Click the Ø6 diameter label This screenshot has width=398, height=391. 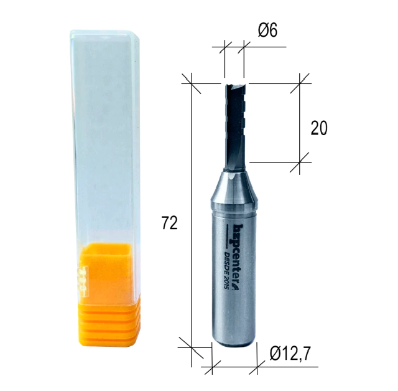coord(268,31)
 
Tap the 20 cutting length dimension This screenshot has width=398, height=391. coord(319,128)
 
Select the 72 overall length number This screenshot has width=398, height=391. coord(170,223)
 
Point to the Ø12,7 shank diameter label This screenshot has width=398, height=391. coord(290,354)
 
